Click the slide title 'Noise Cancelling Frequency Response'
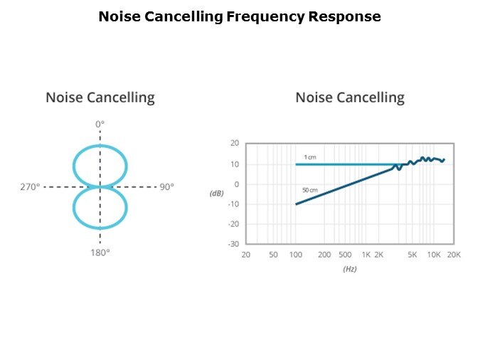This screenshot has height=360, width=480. [x=240, y=16]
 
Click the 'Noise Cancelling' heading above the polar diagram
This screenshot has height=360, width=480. [x=100, y=97]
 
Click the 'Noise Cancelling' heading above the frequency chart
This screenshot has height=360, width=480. [x=350, y=97]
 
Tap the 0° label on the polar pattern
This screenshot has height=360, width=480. [x=100, y=124]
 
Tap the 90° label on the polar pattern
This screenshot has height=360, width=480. [x=166, y=187]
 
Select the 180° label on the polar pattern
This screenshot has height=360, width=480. [x=100, y=252]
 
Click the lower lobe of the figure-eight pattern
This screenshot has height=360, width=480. [x=100, y=208]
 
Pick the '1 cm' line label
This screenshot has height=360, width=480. [x=311, y=157]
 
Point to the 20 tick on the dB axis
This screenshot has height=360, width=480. [x=234, y=143]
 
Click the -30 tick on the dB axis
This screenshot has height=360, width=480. [x=233, y=243]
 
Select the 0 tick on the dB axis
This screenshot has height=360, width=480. [x=236, y=184]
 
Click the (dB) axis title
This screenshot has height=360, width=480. [x=218, y=194]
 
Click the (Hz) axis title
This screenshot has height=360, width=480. [x=350, y=270]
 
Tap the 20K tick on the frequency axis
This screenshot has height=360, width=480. [x=453, y=254]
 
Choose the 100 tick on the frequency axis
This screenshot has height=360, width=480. [x=296, y=254]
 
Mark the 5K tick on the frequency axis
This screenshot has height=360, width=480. [x=412, y=254]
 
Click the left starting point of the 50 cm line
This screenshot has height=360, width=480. [x=297, y=204]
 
